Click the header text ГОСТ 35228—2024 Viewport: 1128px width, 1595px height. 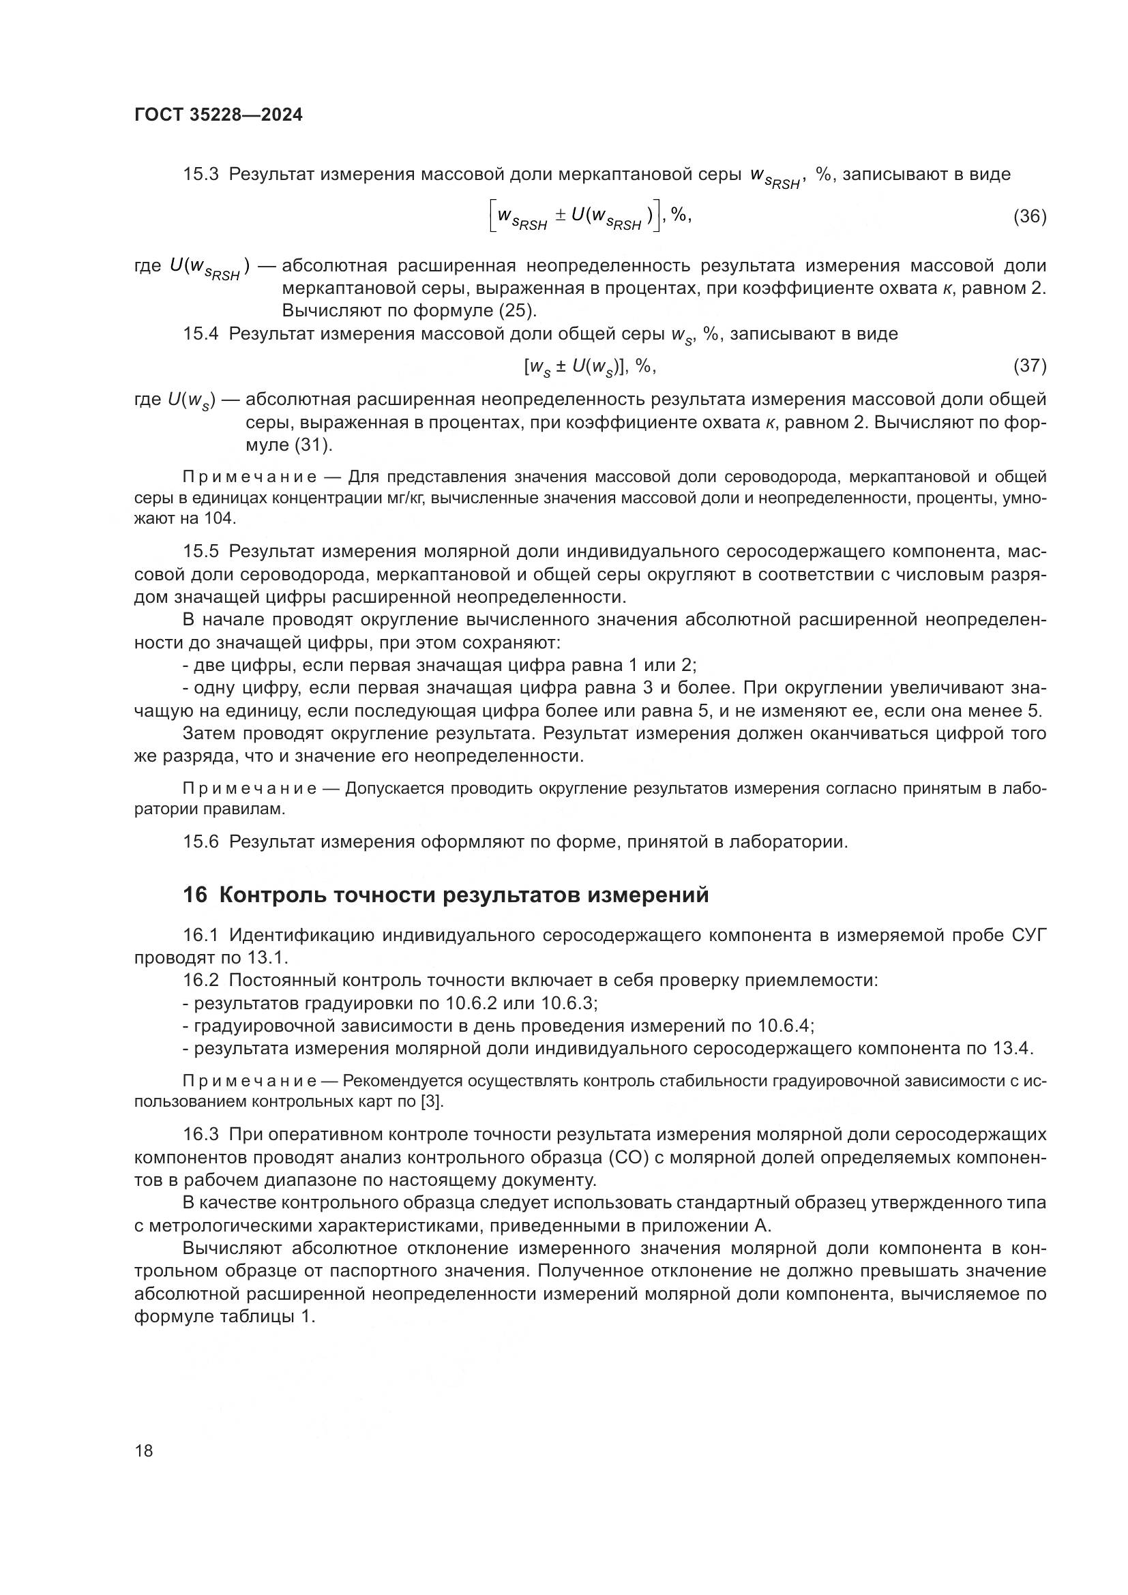tap(218, 115)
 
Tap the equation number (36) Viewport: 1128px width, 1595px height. tap(1029, 217)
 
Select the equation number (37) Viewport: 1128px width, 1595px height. tap(1029, 366)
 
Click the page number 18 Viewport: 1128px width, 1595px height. tap(144, 1450)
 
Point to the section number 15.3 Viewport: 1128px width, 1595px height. tap(201, 175)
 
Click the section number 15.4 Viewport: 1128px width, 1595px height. tap(201, 334)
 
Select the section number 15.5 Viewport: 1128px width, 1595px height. tap(201, 552)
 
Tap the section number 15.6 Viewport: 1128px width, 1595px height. tap(201, 842)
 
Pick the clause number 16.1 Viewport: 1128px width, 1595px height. tap(201, 936)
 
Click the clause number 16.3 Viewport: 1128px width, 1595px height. tap(201, 1135)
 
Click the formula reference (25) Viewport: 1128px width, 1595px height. tap(518, 310)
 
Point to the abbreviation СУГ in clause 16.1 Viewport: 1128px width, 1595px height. tap(1026, 936)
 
